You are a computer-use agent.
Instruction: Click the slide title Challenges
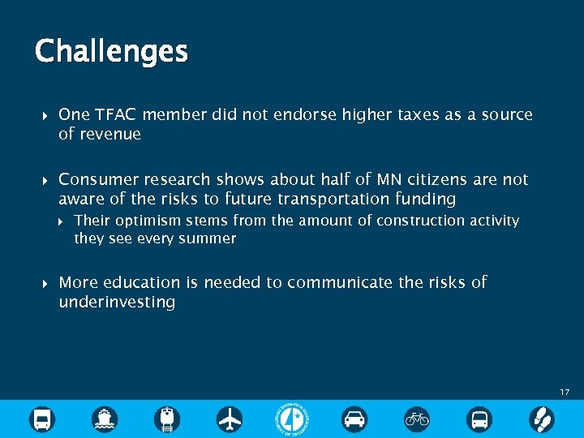[x=111, y=52]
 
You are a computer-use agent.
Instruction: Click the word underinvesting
[x=117, y=303]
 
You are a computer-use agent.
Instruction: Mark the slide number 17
[x=565, y=393]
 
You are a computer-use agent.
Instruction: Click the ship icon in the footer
[x=105, y=419]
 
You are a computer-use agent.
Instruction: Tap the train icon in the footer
[x=167, y=419]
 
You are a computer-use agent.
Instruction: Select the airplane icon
[x=230, y=419]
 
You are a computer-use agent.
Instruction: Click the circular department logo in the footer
[x=292, y=419]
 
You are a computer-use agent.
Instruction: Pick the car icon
[x=354, y=419]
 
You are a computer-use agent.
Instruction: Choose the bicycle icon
[x=417, y=419]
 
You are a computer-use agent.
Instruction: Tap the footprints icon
[x=542, y=419]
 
